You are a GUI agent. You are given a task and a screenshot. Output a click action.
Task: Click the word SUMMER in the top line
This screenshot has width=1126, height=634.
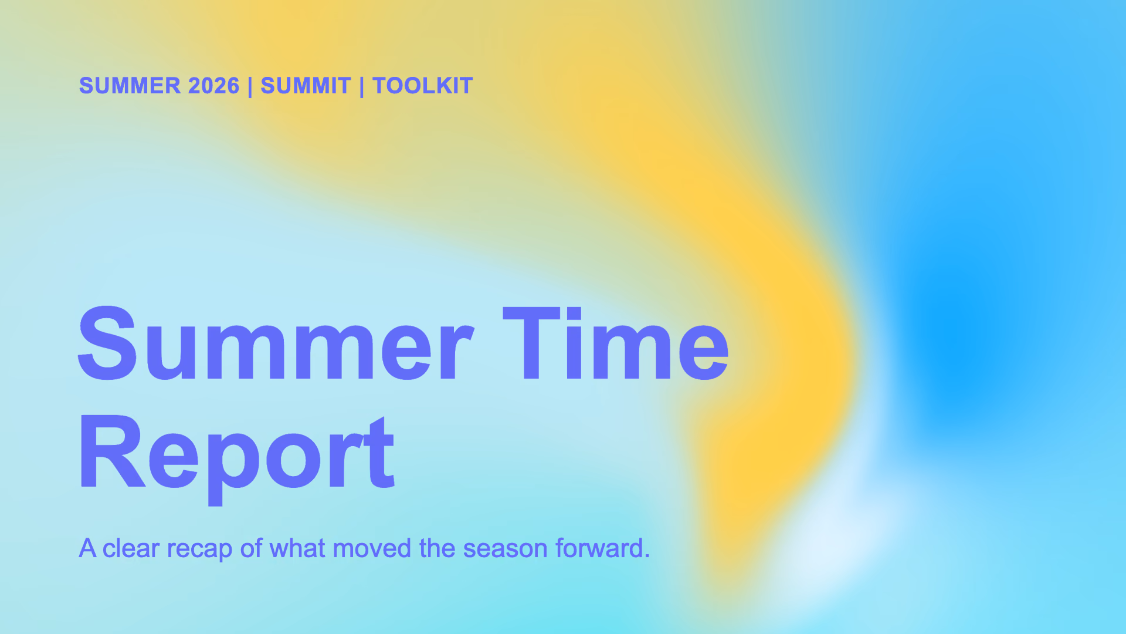tap(130, 86)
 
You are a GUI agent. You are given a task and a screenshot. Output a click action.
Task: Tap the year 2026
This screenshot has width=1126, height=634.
tap(213, 86)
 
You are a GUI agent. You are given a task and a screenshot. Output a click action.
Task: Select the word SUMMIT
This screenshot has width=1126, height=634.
tap(306, 86)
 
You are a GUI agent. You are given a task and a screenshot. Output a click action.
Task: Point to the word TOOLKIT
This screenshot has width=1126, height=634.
tap(422, 86)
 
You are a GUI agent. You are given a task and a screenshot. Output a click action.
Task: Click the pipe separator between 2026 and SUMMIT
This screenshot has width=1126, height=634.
tap(250, 86)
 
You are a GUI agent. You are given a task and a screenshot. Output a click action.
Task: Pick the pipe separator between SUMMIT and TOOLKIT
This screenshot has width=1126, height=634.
tap(361, 86)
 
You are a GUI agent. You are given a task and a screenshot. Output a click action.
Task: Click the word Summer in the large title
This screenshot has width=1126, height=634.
tap(276, 343)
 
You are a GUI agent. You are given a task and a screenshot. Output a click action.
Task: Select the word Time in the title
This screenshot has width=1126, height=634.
tap(616, 343)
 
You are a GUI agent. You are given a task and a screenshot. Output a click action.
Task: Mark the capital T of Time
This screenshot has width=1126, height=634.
tap(531, 343)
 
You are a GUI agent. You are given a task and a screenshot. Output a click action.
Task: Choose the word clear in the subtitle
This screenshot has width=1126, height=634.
tap(131, 548)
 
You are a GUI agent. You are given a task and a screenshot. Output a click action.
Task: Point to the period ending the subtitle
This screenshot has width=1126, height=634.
tap(647, 557)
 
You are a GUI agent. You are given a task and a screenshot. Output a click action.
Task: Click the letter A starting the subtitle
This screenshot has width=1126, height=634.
tap(87, 548)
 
